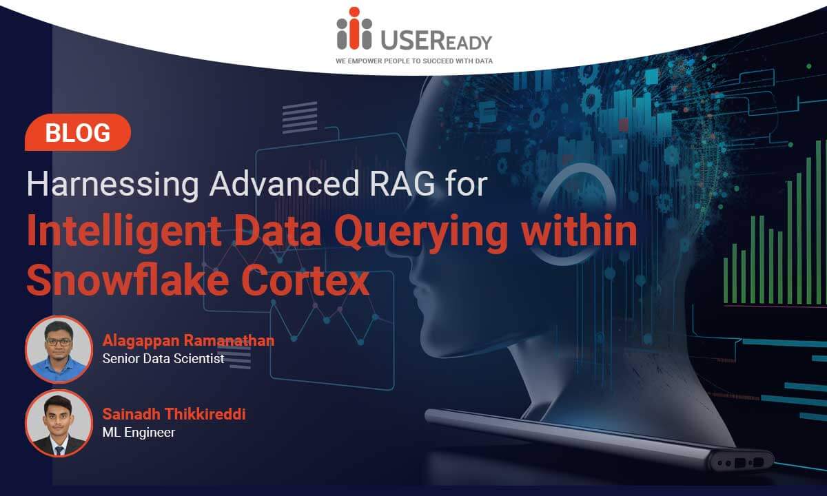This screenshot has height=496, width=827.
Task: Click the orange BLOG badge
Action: click(78, 132)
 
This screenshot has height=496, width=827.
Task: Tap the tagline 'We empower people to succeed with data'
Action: click(414, 61)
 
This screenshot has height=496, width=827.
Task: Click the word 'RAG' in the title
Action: click(402, 183)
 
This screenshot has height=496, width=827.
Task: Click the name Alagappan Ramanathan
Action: click(189, 340)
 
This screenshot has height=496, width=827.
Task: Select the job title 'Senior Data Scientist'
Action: click(163, 358)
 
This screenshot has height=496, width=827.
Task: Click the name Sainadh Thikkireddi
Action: click(174, 414)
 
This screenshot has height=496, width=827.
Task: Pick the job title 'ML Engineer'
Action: click(139, 432)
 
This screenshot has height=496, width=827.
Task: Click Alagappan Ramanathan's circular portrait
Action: click(59, 349)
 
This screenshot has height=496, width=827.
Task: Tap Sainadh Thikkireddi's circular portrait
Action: click(59, 423)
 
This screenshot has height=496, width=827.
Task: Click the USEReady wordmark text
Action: click(436, 40)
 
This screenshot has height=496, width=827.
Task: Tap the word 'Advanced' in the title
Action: click(284, 183)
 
